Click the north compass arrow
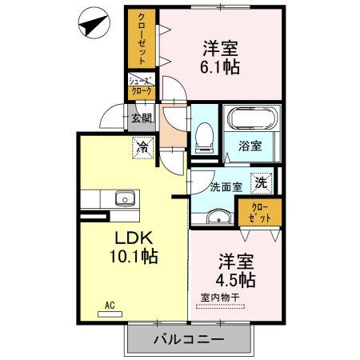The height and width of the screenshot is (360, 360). click(93, 26)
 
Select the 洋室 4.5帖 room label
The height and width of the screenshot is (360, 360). click(234, 270)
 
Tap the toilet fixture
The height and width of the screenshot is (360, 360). click(203, 137)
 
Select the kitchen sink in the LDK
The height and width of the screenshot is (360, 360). click(124, 199)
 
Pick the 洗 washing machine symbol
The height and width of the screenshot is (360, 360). click(261, 182)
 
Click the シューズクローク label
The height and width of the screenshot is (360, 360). click(141, 86)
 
